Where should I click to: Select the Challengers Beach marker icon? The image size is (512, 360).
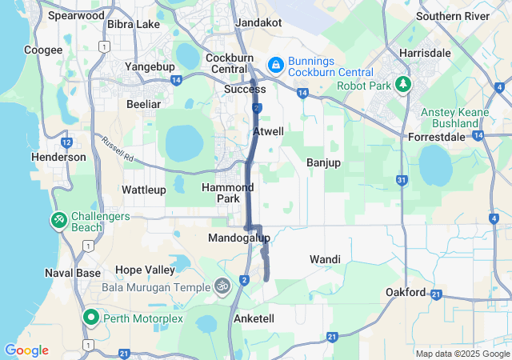coord(59,219)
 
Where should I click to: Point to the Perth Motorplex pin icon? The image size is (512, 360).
coord(90,318)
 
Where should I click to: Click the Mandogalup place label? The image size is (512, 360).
coord(239,238)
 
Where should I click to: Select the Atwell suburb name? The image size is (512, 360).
coord(268,131)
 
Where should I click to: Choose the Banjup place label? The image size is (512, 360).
coord(323,162)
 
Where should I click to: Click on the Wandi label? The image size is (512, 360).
coord(325,259)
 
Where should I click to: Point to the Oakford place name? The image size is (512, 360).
coord(406,292)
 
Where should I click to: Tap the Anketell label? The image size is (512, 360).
coord(254,318)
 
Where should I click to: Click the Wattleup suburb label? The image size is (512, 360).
coord(144,190)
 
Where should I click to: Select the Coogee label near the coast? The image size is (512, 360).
coord(43,50)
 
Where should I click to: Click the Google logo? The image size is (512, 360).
coord(26,350)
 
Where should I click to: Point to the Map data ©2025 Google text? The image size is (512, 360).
coord(462,354)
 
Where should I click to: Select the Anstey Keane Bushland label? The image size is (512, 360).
coord(454,118)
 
